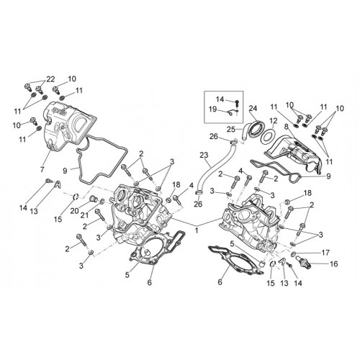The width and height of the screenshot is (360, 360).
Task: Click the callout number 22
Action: tap(50, 79)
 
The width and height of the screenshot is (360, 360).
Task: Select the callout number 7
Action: tap(42, 170)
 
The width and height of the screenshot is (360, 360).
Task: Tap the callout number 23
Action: tap(204, 156)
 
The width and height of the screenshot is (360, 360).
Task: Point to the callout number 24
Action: tap(253, 108)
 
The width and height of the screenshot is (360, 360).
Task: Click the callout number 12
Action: tap(274, 120)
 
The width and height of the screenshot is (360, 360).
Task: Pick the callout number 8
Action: tap(286, 126)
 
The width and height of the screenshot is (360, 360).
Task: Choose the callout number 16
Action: tap(334, 264)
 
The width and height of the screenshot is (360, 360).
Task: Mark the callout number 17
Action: tap(325, 253)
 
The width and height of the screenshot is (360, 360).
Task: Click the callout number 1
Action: tap(197, 230)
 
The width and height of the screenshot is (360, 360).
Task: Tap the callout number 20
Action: tap(75, 211)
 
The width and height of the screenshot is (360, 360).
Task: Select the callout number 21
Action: tap(84, 215)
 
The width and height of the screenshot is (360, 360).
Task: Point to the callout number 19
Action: tap(212, 109)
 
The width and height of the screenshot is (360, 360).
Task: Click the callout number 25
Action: tap(231, 130)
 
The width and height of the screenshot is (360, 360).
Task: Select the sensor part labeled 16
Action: tap(303, 261)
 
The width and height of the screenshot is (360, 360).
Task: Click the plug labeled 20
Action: tap(92, 199)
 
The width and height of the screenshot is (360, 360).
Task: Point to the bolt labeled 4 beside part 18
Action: tap(177, 199)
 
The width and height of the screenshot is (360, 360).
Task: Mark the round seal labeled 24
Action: tap(256, 129)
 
